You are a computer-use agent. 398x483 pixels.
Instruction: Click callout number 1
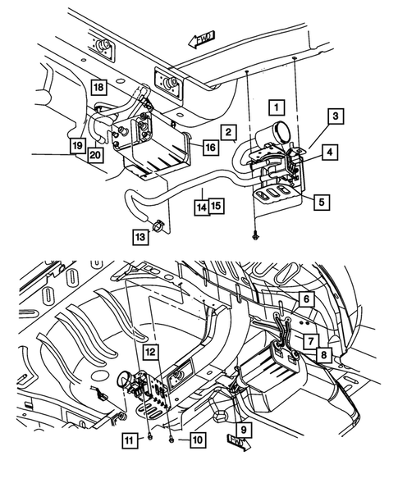pyautogui.click(x=277, y=107)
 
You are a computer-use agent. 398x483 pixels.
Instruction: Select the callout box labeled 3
pyautogui.click(x=336, y=116)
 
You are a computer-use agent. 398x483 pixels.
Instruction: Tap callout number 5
pyautogui.click(x=322, y=202)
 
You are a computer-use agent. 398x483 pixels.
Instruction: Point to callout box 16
pyautogui.click(x=211, y=148)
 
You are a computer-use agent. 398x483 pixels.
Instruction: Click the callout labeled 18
pyautogui.click(x=98, y=87)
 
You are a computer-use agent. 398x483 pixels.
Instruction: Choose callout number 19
pyautogui.click(x=77, y=145)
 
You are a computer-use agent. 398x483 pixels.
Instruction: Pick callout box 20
pyautogui.click(x=95, y=155)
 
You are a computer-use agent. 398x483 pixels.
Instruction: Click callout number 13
pyautogui.click(x=140, y=237)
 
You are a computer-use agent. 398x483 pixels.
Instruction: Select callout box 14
pyautogui.click(x=202, y=207)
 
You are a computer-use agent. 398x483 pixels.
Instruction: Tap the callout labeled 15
pyautogui.click(x=217, y=206)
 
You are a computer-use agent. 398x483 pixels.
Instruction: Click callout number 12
pyautogui.click(x=150, y=352)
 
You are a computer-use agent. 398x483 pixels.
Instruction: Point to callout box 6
pyautogui.click(x=306, y=298)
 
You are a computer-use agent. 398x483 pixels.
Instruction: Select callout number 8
pyautogui.click(x=323, y=354)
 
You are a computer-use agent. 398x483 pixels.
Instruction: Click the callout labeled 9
pyautogui.click(x=244, y=430)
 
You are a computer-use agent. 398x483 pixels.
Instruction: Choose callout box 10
pyautogui.click(x=198, y=440)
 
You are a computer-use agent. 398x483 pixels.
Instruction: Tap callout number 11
pyautogui.click(x=130, y=440)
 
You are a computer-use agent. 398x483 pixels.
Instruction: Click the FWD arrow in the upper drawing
pyautogui.click(x=202, y=39)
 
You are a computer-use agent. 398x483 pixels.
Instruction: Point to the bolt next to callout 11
pyautogui.click(x=150, y=437)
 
